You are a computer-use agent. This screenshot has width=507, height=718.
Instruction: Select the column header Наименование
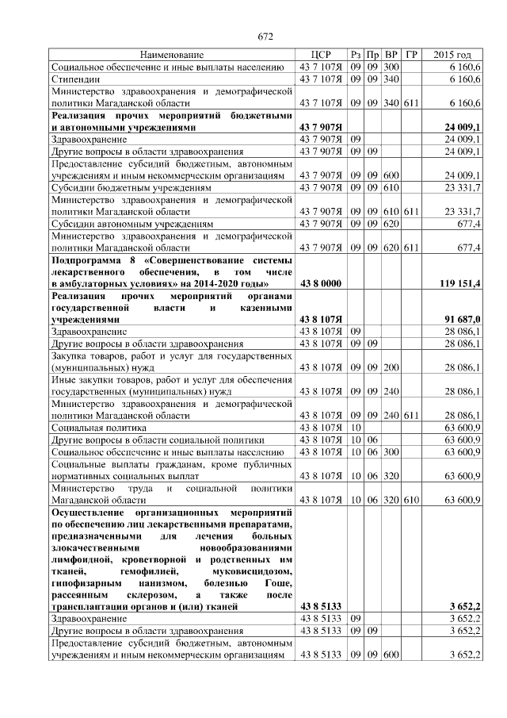tap(172, 56)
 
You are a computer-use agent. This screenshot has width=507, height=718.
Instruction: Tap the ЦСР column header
tap(321, 56)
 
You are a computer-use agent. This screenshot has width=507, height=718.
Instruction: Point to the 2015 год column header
tap(452, 56)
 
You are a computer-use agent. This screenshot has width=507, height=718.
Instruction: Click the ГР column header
tap(411, 56)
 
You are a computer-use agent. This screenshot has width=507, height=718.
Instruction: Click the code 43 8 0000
tap(321, 283)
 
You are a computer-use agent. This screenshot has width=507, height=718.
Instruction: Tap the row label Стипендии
tap(75, 79)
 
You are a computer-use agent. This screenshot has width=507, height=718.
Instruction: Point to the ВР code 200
tap(391, 367)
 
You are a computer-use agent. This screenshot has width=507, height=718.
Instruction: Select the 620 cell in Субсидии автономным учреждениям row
tap(391, 225)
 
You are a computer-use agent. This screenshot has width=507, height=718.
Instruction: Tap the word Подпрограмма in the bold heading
tap(87, 260)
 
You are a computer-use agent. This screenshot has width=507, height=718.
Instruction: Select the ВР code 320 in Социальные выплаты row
tap(391, 476)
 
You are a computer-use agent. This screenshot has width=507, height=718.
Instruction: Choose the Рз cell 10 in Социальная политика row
tap(356, 428)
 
